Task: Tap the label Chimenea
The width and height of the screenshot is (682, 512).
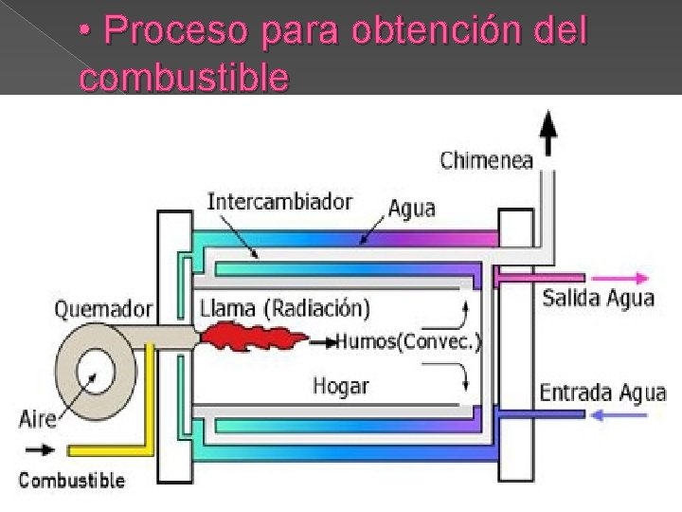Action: pos(486,160)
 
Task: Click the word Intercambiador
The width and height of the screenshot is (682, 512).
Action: pos(279,202)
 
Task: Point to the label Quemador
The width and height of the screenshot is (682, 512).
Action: pos(103,308)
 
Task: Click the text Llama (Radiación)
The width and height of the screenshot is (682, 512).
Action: pos(284,308)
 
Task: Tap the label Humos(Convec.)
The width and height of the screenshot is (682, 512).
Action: pos(408,341)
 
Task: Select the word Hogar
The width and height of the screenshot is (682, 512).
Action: pos(341,386)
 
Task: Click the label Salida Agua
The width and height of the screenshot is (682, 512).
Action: pos(598,298)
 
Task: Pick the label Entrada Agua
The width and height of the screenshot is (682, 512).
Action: pos(602,393)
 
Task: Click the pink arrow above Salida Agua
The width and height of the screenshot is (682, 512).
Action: pos(626,279)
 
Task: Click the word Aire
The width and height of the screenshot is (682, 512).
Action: pos(38,418)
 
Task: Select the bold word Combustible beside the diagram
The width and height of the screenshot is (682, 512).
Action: pos(71,480)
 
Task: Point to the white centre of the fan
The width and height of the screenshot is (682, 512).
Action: pos(94,365)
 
